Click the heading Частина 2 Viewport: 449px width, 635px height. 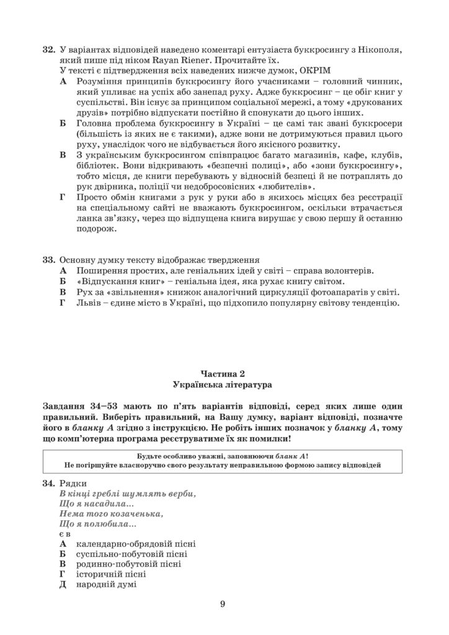224,373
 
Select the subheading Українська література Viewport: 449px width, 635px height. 224,385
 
